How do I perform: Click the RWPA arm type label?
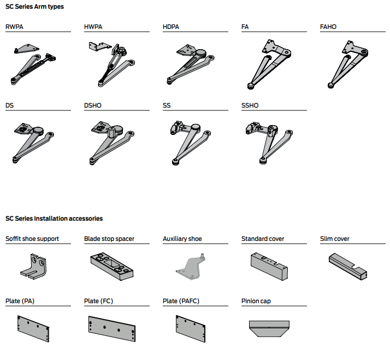click(15, 26)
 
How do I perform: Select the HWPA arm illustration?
click(112, 64)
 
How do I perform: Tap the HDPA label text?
click(171, 26)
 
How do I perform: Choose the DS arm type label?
click(10, 105)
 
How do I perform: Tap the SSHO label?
click(250, 105)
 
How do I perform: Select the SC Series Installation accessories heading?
click(54, 219)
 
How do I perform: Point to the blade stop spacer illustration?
click(113, 265)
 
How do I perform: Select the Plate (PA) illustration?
click(34, 328)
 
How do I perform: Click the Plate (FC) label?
click(99, 301)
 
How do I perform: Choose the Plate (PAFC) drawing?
click(191, 328)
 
